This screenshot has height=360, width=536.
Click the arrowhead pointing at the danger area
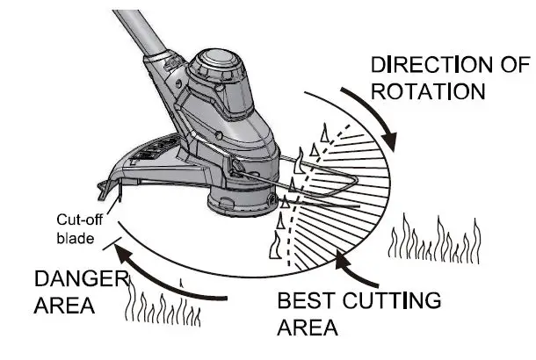[x=127, y=260]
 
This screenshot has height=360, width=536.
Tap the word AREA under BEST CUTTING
[x=308, y=328]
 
